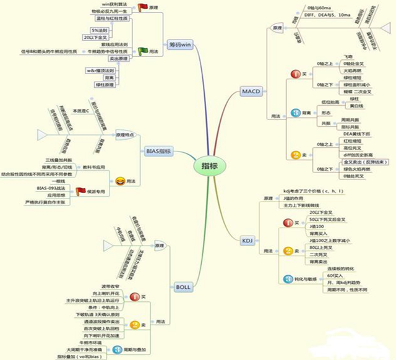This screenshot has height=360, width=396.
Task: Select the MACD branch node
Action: point(250,92)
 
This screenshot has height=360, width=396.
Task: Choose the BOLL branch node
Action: point(183,287)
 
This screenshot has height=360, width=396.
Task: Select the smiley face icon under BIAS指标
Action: point(119,181)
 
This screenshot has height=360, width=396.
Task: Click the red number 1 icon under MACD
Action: point(296,74)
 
